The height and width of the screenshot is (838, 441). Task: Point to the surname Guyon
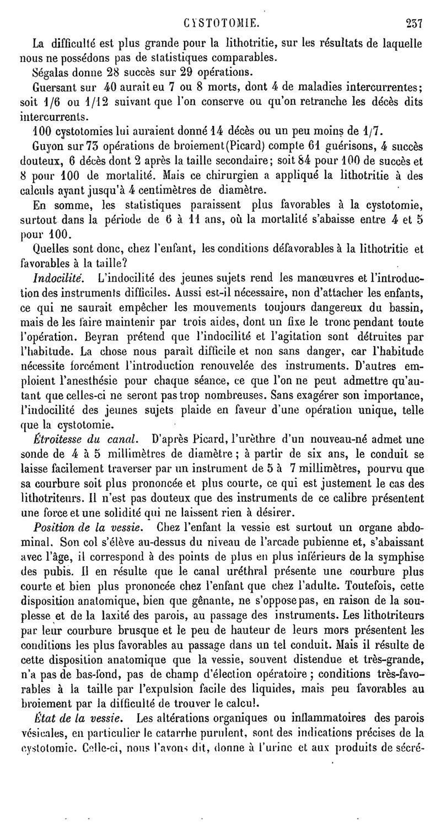[x=47, y=145]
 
